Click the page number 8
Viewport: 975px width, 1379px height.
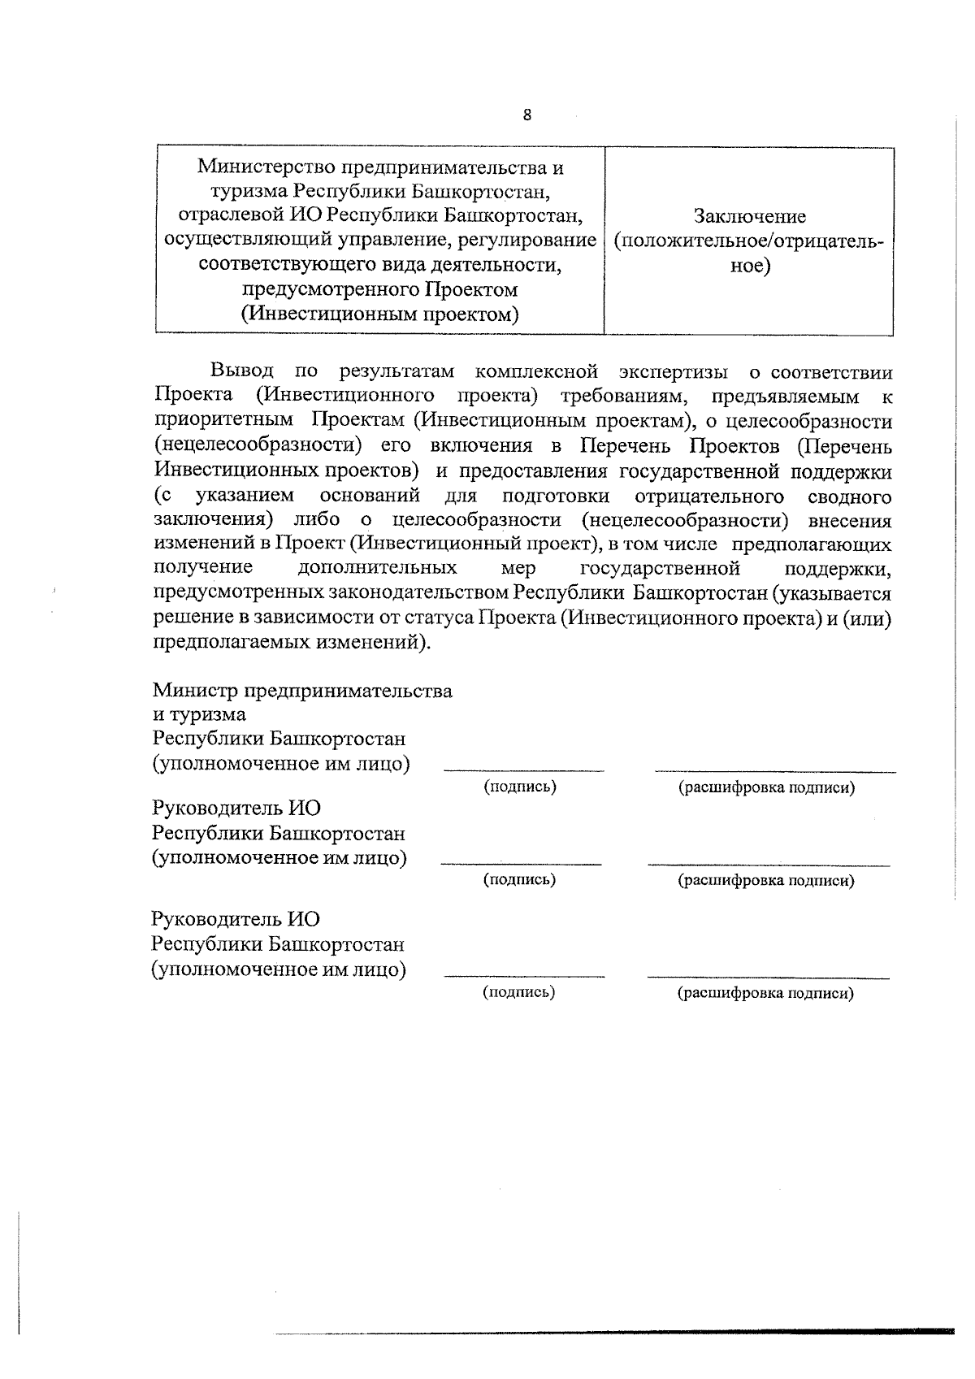pyautogui.click(x=526, y=115)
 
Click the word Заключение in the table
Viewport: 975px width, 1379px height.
pyautogui.click(x=749, y=217)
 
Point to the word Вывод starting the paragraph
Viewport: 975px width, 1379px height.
pyautogui.click(x=242, y=372)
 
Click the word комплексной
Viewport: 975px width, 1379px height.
pyautogui.click(x=536, y=372)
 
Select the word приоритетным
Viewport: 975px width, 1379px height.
pyautogui.click(x=223, y=422)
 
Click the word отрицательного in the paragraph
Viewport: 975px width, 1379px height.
pyautogui.click(x=708, y=496)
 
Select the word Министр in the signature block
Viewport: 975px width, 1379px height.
pyautogui.click(x=196, y=691)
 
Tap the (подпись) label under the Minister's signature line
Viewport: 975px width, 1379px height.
pyautogui.click(x=520, y=787)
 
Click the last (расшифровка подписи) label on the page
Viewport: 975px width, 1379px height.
pyautogui.click(x=765, y=993)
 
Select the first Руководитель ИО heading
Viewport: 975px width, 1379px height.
pyautogui.click(x=236, y=809)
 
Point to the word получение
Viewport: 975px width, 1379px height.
pyautogui.click(x=203, y=567)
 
